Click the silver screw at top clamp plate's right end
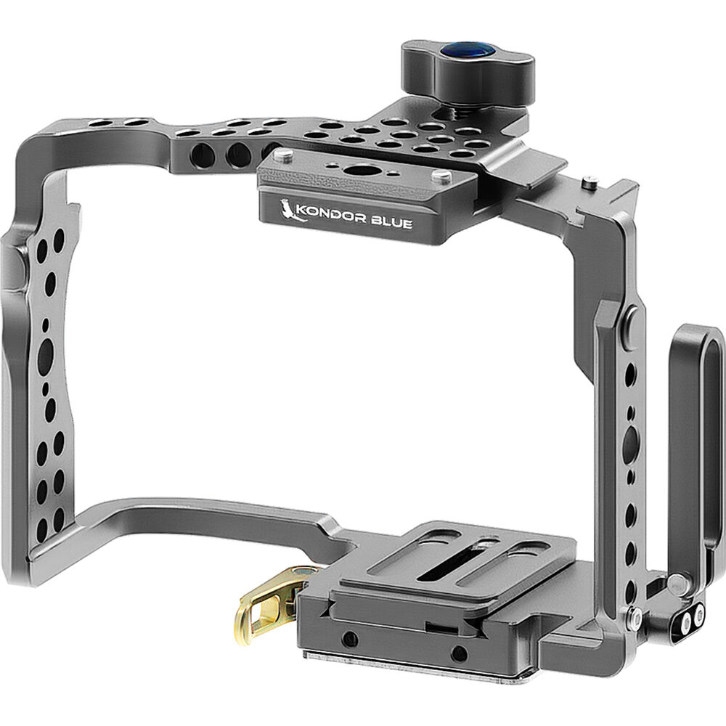click(x=439, y=176)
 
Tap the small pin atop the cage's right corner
click(x=592, y=180)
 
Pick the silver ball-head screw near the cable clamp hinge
click(x=677, y=582)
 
